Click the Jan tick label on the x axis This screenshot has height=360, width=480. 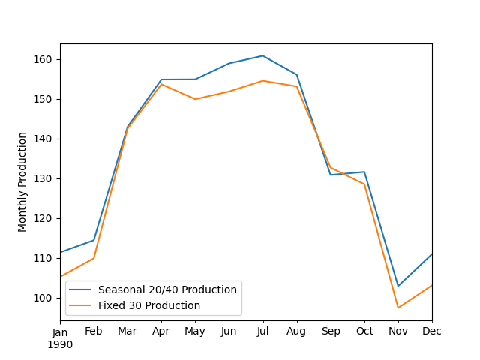pos(60,331)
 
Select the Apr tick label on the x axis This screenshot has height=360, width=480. pos(161,331)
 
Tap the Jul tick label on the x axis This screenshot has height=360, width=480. pos(262,331)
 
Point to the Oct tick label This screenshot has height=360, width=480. pos(364,331)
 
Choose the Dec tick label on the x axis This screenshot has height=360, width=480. pos(431,331)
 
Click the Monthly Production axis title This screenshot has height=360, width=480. pos(22,181)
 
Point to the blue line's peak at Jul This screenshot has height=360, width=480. pos(262,55)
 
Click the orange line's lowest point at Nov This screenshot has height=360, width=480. pos(398,307)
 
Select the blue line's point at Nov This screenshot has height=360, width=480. pos(398,286)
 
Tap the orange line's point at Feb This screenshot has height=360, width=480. pos(94,258)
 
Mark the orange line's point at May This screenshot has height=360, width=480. pos(195,99)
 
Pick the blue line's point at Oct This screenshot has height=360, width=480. pos(364,172)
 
